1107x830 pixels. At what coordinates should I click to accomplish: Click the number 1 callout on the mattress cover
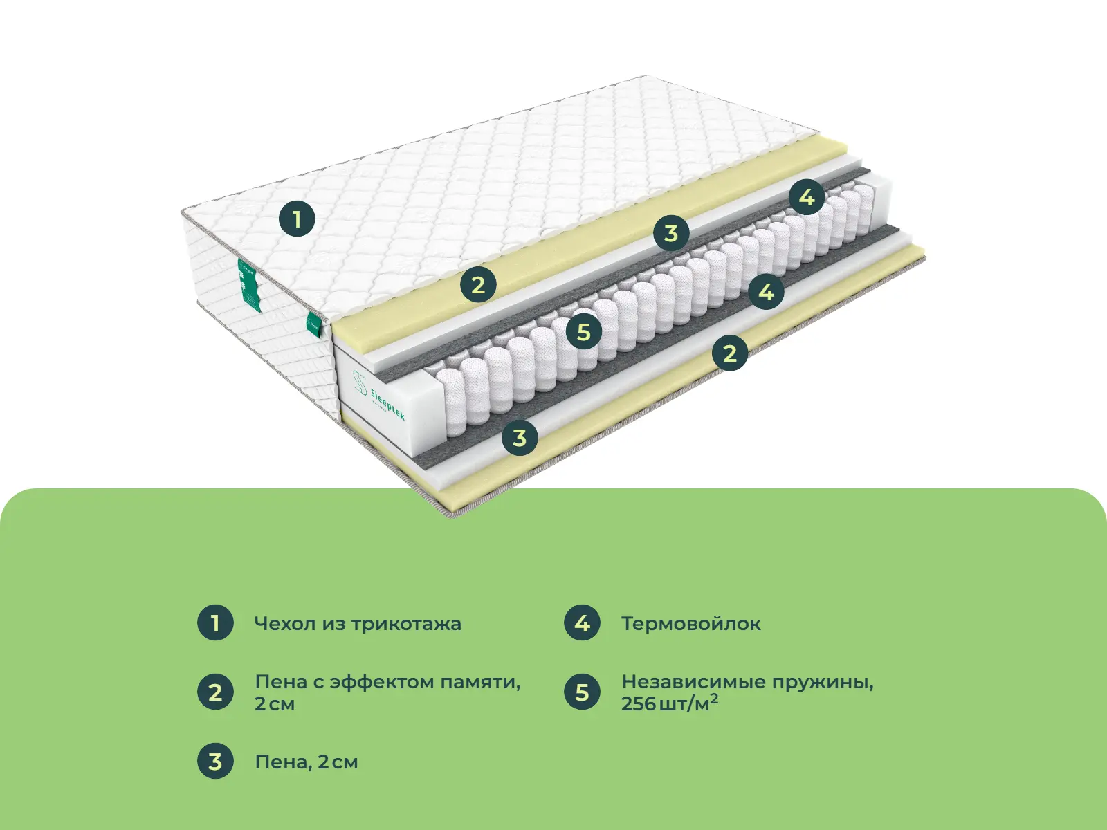coord(297,219)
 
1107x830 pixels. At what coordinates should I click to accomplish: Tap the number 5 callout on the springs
coord(583,332)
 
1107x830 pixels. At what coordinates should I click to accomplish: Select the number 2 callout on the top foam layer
coord(478,285)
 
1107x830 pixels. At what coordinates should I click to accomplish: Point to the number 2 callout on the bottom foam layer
coord(730,353)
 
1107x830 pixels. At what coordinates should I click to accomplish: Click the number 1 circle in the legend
coord(215,623)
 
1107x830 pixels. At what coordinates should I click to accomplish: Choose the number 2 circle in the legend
coord(215,692)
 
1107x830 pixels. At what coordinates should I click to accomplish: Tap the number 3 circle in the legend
coord(215,761)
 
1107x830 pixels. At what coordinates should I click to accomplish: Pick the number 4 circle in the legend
coord(582,623)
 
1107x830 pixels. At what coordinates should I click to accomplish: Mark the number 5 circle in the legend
coord(582,692)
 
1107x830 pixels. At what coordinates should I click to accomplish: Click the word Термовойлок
coord(691,623)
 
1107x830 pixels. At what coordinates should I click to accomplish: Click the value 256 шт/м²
coord(670,703)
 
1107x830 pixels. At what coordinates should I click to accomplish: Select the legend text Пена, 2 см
coord(306,762)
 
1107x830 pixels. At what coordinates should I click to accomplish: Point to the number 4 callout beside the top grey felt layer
coord(807,196)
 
